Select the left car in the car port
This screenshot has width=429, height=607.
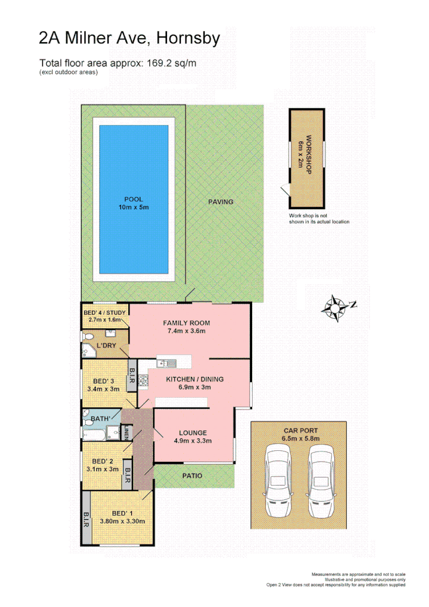[x=278, y=482]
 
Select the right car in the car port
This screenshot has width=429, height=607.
[x=321, y=482]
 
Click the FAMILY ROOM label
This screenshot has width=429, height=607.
[x=186, y=323]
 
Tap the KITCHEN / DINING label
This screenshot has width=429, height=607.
[x=195, y=379]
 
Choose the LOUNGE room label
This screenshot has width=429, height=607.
[x=193, y=432]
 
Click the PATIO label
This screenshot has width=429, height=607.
[x=193, y=476]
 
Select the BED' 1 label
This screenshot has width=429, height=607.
[x=121, y=513]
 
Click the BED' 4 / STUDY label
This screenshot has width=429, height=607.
[x=105, y=312]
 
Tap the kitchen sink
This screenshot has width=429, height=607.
[x=168, y=364]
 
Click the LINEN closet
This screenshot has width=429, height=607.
[x=128, y=432]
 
